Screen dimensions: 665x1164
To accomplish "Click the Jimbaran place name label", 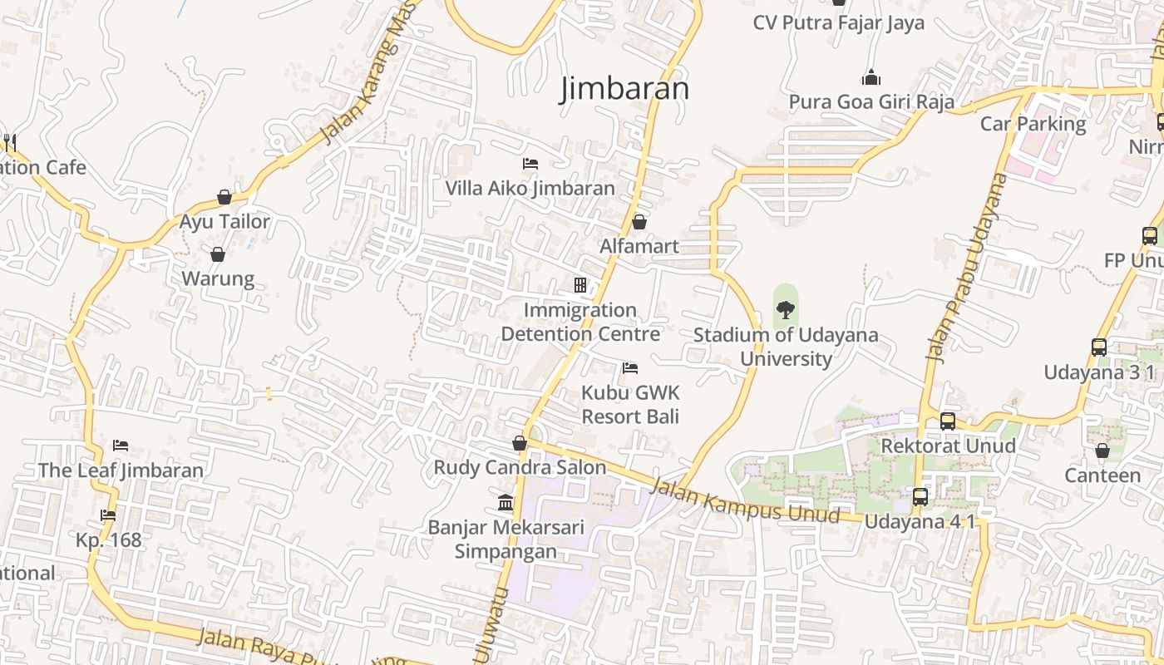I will (625, 89).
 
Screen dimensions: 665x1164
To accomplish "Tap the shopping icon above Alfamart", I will (639, 222).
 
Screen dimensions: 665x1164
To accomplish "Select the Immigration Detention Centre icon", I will (580, 285).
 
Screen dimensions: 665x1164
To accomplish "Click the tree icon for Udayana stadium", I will (785, 311).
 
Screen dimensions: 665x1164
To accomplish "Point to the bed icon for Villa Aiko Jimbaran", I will (530, 164).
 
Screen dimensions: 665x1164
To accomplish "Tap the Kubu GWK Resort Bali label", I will (630, 404).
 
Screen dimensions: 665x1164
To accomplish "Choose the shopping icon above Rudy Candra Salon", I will (520, 443).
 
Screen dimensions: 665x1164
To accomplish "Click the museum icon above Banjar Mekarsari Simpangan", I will (506, 502).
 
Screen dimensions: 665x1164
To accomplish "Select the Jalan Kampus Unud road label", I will (746, 501).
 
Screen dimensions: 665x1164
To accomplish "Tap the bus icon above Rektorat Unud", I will (948, 421).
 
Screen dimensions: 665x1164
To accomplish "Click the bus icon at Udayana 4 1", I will (920, 497).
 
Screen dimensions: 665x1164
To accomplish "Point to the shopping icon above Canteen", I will (1102, 451).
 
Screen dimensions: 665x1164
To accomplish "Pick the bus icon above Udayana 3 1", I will (1099, 347).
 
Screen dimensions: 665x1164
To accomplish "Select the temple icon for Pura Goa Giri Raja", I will (871, 77).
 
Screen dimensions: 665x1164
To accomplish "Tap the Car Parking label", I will (1033, 124).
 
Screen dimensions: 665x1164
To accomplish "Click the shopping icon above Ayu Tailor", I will (224, 197).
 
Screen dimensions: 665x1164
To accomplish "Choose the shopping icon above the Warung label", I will (218, 254).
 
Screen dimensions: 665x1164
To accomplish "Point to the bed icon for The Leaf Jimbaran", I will (121, 446).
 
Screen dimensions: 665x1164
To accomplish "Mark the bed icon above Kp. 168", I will (108, 515).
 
